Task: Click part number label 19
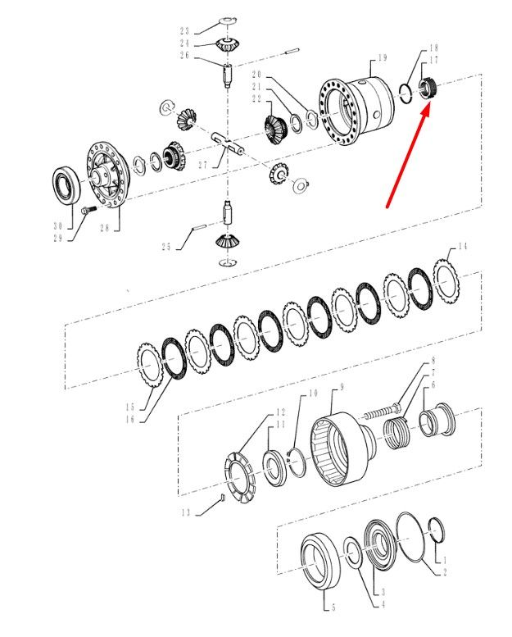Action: point(383,57)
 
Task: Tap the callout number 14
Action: point(463,246)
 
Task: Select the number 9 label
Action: point(342,387)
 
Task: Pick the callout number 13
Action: point(186,512)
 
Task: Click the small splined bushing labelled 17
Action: point(427,88)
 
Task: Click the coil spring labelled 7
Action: point(396,434)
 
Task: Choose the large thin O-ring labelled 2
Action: point(411,537)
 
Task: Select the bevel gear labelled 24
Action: point(228,44)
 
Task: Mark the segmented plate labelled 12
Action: point(239,477)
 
